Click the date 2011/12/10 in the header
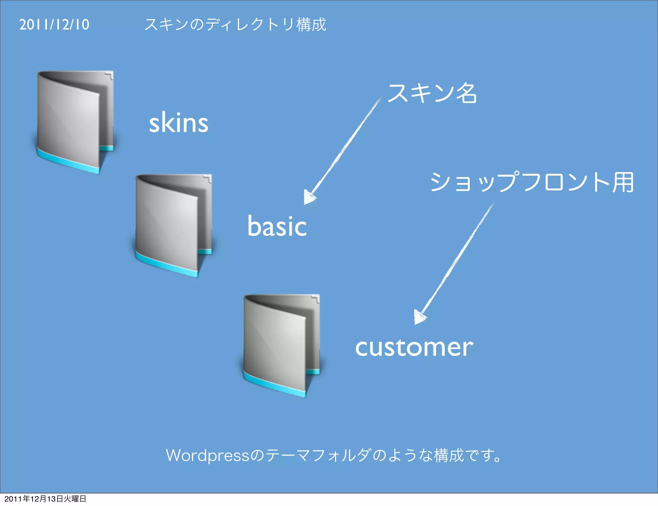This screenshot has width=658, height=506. (x=54, y=25)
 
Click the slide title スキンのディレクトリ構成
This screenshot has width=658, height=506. (x=235, y=25)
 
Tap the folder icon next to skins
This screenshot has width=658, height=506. (x=75, y=122)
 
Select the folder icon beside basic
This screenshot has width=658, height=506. (x=173, y=225)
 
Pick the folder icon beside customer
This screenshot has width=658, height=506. (x=281, y=346)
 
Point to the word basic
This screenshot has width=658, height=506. (x=277, y=226)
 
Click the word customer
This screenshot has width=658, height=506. (x=414, y=347)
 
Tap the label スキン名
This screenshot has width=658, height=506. (x=432, y=93)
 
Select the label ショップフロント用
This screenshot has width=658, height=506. (x=532, y=182)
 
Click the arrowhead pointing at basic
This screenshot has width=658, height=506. (x=309, y=197)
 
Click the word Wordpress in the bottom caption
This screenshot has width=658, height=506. (x=208, y=456)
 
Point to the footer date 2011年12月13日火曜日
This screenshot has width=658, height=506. (x=45, y=499)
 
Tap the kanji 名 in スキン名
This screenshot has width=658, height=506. (x=467, y=93)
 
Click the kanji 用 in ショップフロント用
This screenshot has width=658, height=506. (x=623, y=182)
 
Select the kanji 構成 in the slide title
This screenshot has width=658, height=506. (x=311, y=25)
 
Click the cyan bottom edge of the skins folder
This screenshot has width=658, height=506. (x=67, y=161)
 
